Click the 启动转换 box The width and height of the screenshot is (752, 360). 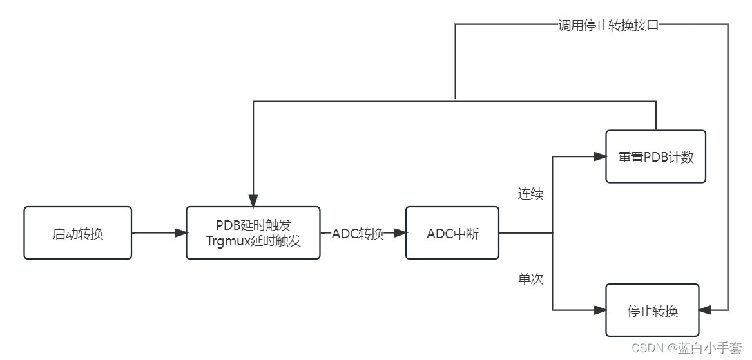[77, 233]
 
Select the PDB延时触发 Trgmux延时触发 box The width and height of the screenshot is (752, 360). [253, 233]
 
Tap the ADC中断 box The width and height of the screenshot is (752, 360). [452, 233]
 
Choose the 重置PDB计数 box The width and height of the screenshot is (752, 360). [656, 156]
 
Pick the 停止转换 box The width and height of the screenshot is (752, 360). [652, 310]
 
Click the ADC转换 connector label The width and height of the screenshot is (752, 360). [358, 234]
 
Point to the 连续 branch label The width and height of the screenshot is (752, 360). [531, 194]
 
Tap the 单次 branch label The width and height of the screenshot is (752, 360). [531, 279]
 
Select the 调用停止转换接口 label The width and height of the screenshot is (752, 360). [608, 26]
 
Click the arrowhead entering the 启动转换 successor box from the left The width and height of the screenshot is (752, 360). [181, 233]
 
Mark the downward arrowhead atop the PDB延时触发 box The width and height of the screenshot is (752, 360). [253, 201]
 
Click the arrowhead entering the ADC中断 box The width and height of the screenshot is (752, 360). [400, 233]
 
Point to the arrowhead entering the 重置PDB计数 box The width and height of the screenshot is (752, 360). [601, 156]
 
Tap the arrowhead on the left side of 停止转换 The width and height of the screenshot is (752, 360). [601, 310]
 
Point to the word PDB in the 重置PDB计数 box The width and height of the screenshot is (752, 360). [656, 157]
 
